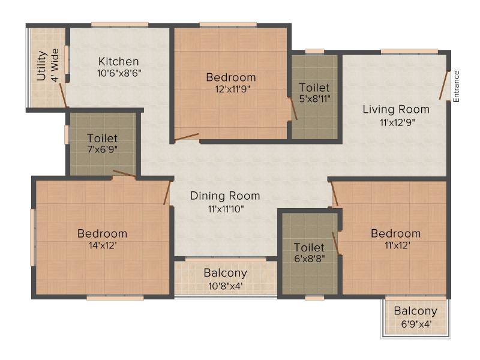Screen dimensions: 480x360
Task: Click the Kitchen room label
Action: pyautogui.click(x=118, y=62)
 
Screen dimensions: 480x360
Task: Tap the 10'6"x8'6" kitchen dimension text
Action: pyautogui.click(x=119, y=73)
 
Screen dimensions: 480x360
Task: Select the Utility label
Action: pyautogui.click(x=41, y=66)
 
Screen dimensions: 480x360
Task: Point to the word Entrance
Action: pyautogui.click(x=456, y=86)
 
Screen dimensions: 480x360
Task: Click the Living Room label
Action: pyautogui.click(x=396, y=109)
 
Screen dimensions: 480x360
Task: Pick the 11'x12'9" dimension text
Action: pyautogui.click(x=397, y=123)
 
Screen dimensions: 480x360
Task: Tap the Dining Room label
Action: pyautogui.click(x=225, y=196)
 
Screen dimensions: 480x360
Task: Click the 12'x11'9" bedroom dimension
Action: pyautogui.click(x=232, y=89)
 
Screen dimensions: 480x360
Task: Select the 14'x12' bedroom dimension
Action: pyautogui.click(x=103, y=245)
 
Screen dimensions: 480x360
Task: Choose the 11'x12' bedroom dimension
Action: pyautogui.click(x=397, y=245)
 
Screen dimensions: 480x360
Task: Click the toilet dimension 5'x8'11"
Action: pyautogui.click(x=315, y=99)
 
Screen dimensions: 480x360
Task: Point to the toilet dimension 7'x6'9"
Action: pyautogui.click(x=103, y=149)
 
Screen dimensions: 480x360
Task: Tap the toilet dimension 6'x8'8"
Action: pyautogui.click(x=310, y=259)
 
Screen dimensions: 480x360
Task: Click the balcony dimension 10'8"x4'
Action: pyautogui.click(x=226, y=286)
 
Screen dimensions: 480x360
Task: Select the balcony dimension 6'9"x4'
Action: pyautogui.click(x=416, y=324)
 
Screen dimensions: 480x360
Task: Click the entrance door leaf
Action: pyautogui.click(x=443, y=85)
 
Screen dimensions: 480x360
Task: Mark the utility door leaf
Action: pyautogui.click(x=63, y=95)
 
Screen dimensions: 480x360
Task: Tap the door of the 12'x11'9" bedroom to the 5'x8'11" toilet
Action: pyautogui.click(x=293, y=109)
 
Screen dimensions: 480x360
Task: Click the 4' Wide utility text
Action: pyautogui.click(x=55, y=65)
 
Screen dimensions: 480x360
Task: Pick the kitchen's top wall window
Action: pyautogui.click(x=119, y=25)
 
